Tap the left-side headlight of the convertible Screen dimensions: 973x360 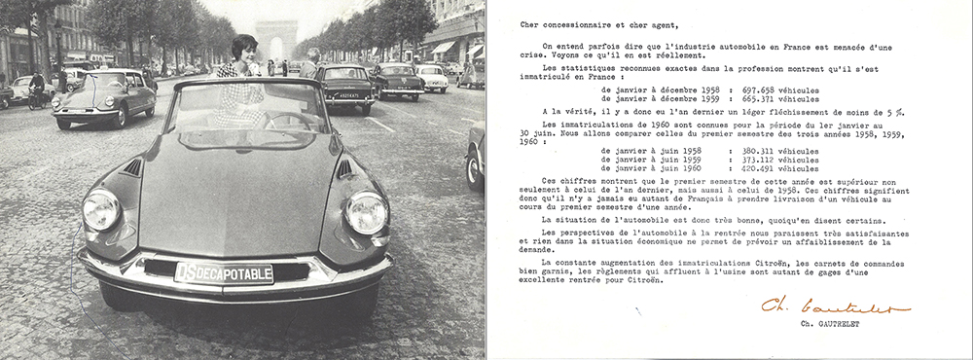coord(101,209)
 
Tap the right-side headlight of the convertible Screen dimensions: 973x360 coord(367,213)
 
